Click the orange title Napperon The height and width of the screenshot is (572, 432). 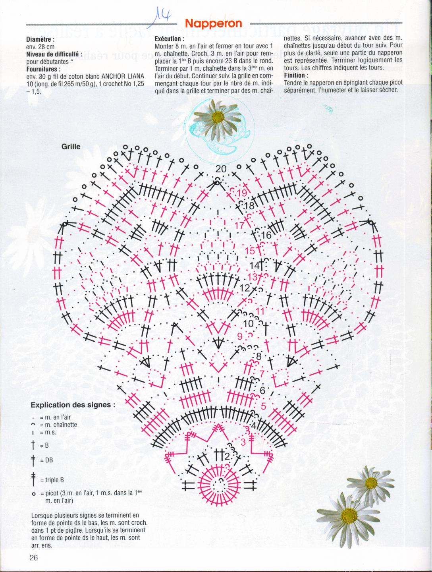click(x=213, y=24)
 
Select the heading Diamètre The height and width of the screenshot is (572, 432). click(x=40, y=40)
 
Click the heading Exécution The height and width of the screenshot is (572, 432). click(x=170, y=39)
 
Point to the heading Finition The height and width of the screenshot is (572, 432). click(x=296, y=75)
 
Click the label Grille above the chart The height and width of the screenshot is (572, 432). click(x=71, y=147)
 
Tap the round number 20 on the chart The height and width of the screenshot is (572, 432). click(x=221, y=169)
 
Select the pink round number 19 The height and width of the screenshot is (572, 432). click(x=242, y=193)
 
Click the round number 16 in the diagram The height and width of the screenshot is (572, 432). click(x=266, y=235)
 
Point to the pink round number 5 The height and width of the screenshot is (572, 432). click(x=263, y=406)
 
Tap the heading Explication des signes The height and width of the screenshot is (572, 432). click(x=73, y=405)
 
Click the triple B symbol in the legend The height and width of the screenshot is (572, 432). click(x=33, y=480)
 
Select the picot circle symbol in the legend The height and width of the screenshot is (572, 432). click(x=33, y=494)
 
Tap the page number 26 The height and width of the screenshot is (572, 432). click(x=34, y=558)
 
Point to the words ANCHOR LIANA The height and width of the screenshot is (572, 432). click(x=123, y=76)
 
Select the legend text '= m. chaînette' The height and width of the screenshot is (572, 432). click(x=58, y=425)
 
